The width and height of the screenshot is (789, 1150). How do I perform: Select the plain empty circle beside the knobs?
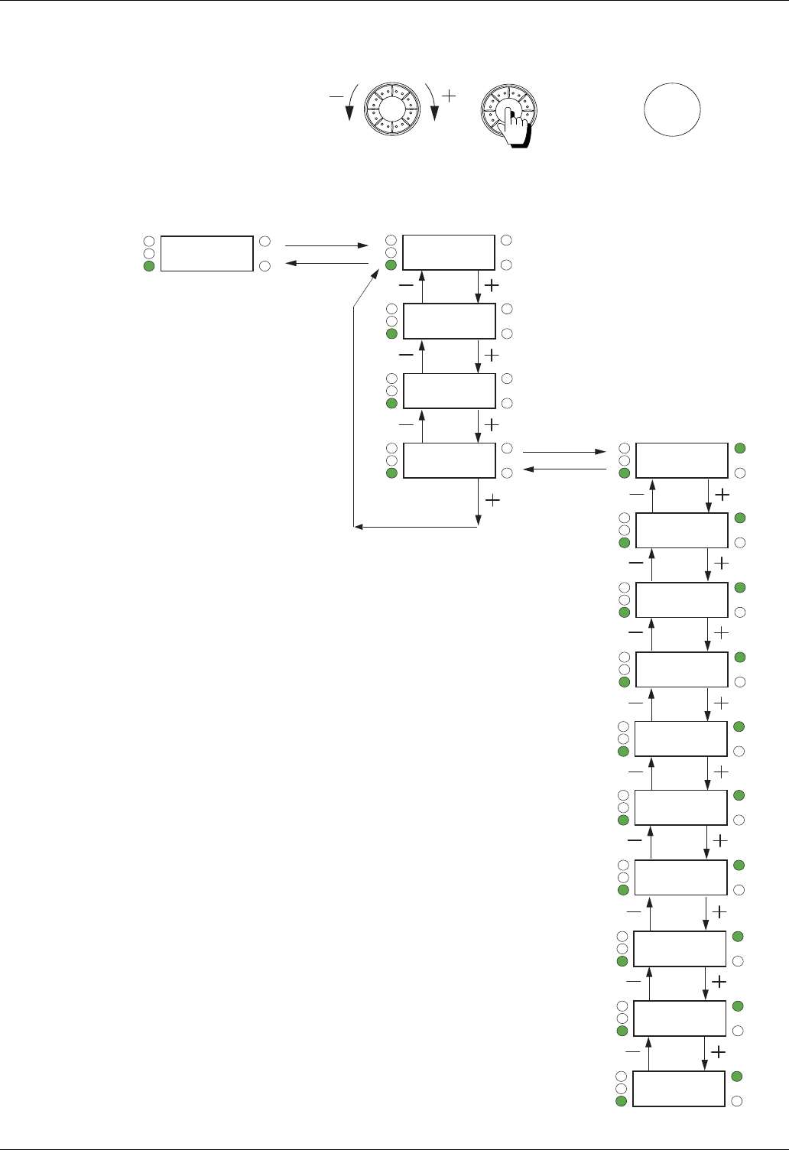(x=672, y=109)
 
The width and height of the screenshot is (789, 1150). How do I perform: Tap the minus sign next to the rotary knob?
(x=336, y=97)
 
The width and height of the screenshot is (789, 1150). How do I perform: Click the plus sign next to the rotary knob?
(x=450, y=96)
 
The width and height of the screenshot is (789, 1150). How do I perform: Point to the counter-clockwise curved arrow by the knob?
(x=351, y=102)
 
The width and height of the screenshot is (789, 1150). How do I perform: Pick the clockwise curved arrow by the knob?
(x=433, y=102)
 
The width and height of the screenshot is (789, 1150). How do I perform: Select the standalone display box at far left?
(x=208, y=253)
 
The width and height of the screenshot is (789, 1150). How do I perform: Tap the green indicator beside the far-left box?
(x=149, y=266)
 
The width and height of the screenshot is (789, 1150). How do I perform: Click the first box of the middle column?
(x=449, y=252)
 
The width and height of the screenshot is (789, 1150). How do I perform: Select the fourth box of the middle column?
(x=450, y=460)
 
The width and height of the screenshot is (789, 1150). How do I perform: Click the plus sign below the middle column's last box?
(x=494, y=500)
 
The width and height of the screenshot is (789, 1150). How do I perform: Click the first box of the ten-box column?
(x=682, y=460)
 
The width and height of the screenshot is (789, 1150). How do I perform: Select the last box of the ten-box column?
(x=679, y=1089)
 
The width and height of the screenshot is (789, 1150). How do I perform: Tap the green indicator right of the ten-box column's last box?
(x=737, y=1077)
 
